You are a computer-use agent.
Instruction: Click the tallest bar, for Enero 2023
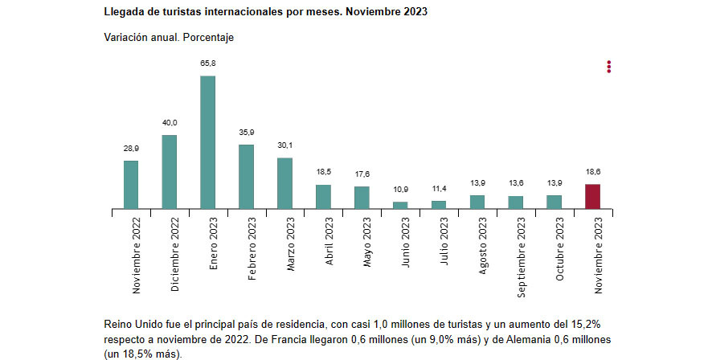(x=207, y=142)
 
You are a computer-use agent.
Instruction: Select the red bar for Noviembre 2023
(x=592, y=197)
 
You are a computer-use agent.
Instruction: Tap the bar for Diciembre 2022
(x=169, y=172)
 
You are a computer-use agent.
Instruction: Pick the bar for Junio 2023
(x=400, y=205)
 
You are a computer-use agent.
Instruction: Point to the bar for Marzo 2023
(x=284, y=183)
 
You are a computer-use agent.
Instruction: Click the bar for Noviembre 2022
(x=130, y=185)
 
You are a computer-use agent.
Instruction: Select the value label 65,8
(x=207, y=63)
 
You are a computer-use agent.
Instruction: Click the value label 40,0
(x=169, y=122)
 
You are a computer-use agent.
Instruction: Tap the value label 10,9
(x=400, y=189)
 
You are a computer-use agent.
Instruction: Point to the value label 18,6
(x=592, y=171)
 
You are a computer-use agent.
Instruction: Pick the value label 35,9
(x=246, y=132)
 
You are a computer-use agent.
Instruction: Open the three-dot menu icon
(x=609, y=67)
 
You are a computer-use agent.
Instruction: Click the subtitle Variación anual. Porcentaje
(x=169, y=38)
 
